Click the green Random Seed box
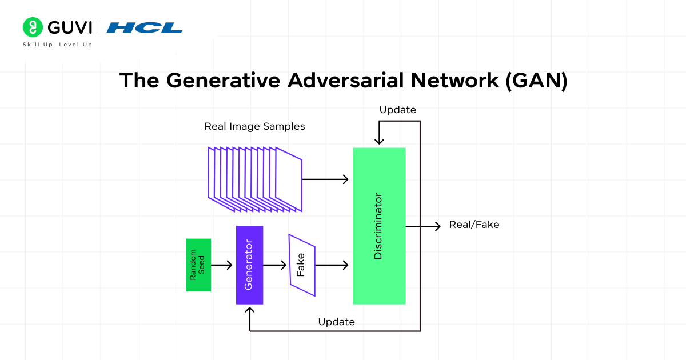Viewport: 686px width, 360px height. pos(198,265)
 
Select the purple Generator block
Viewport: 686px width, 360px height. pos(249,265)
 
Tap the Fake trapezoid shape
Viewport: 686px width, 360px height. pos(302,265)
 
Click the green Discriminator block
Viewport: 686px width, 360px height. pos(379,226)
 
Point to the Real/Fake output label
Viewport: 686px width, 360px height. pos(474,225)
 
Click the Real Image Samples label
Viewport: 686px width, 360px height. pos(254,126)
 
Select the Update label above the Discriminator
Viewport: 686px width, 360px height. pos(397,110)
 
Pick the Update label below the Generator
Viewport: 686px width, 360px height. pos(336,322)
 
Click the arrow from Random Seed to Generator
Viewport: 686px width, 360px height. pos(222,265)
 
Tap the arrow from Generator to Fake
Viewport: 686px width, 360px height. pos(274,265)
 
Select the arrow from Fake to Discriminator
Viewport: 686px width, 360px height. pos(332,265)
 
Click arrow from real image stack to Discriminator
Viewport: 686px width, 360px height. pos(325,179)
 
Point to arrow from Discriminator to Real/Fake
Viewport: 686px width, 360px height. pos(423,226)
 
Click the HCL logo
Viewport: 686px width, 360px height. pos(145,27)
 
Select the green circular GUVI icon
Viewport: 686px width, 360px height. pos(33,27)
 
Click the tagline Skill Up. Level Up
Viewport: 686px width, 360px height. pos(57,45)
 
